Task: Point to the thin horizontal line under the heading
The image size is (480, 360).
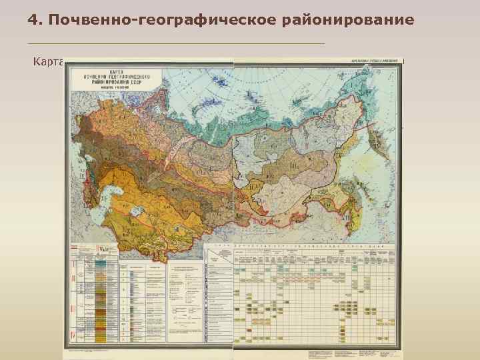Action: [177, 43]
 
